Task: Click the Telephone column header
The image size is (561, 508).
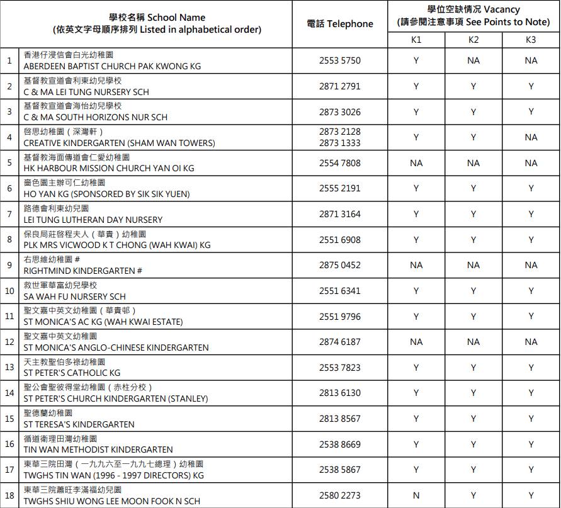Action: pyautogui.click(x=340, y=24)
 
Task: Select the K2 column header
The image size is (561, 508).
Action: pyautogui.click(x=473, y=40)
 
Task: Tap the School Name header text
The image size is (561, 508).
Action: pyautogui.click(x=157, y=18)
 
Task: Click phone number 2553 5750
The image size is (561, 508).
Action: pyautogui.click(x=340, y=60)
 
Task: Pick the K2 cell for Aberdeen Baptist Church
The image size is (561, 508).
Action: pyautogui.click(x=473, y=60)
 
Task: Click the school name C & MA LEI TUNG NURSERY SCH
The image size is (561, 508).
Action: pyautogui.click(x=86, y=92)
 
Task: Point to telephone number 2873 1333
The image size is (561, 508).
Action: pyautogui.click(x=340, y=143)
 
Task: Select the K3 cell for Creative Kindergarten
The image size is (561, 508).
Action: pyautogui.click(x=531, y=137)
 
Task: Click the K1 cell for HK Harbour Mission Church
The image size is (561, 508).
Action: pyautogui.click(x=416, y=163)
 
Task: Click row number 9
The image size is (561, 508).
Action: pyautogui.click(x=9, y=265)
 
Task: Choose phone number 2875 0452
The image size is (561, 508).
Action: pyautogui.click(x=340, y=265)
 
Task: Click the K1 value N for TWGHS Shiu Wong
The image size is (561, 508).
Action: pyautogui.click(x=416, y=495)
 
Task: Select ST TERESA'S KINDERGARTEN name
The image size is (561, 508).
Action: pyautogui.click(x=79, y=424)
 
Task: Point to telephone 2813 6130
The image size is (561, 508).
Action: pyautogui.click(x=340, y=393)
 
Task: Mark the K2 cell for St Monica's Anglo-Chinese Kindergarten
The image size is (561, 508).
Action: pyautogui.click(x=473, y=342)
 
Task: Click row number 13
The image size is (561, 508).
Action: pyautogui.click(x=9, y=367)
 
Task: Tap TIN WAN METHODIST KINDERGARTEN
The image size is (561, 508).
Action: pyautogui.click(x=98, y=449)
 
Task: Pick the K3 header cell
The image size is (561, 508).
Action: pyautogui.click(x=531, y=40)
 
